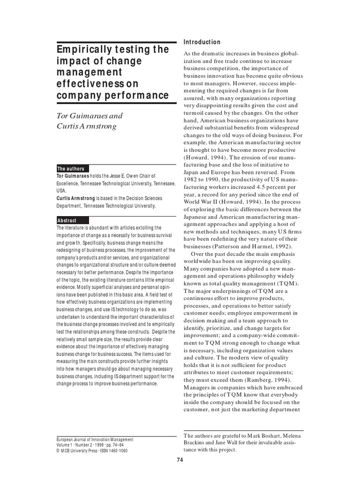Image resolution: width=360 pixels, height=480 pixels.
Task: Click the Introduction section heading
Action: [202, 42]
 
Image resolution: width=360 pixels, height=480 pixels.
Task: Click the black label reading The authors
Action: [71, 169]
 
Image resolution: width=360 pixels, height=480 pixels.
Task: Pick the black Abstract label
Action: [67, 220]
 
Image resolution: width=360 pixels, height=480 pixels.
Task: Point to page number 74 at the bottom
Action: [180, 460]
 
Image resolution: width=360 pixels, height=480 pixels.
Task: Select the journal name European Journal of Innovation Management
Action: [95, 440]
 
